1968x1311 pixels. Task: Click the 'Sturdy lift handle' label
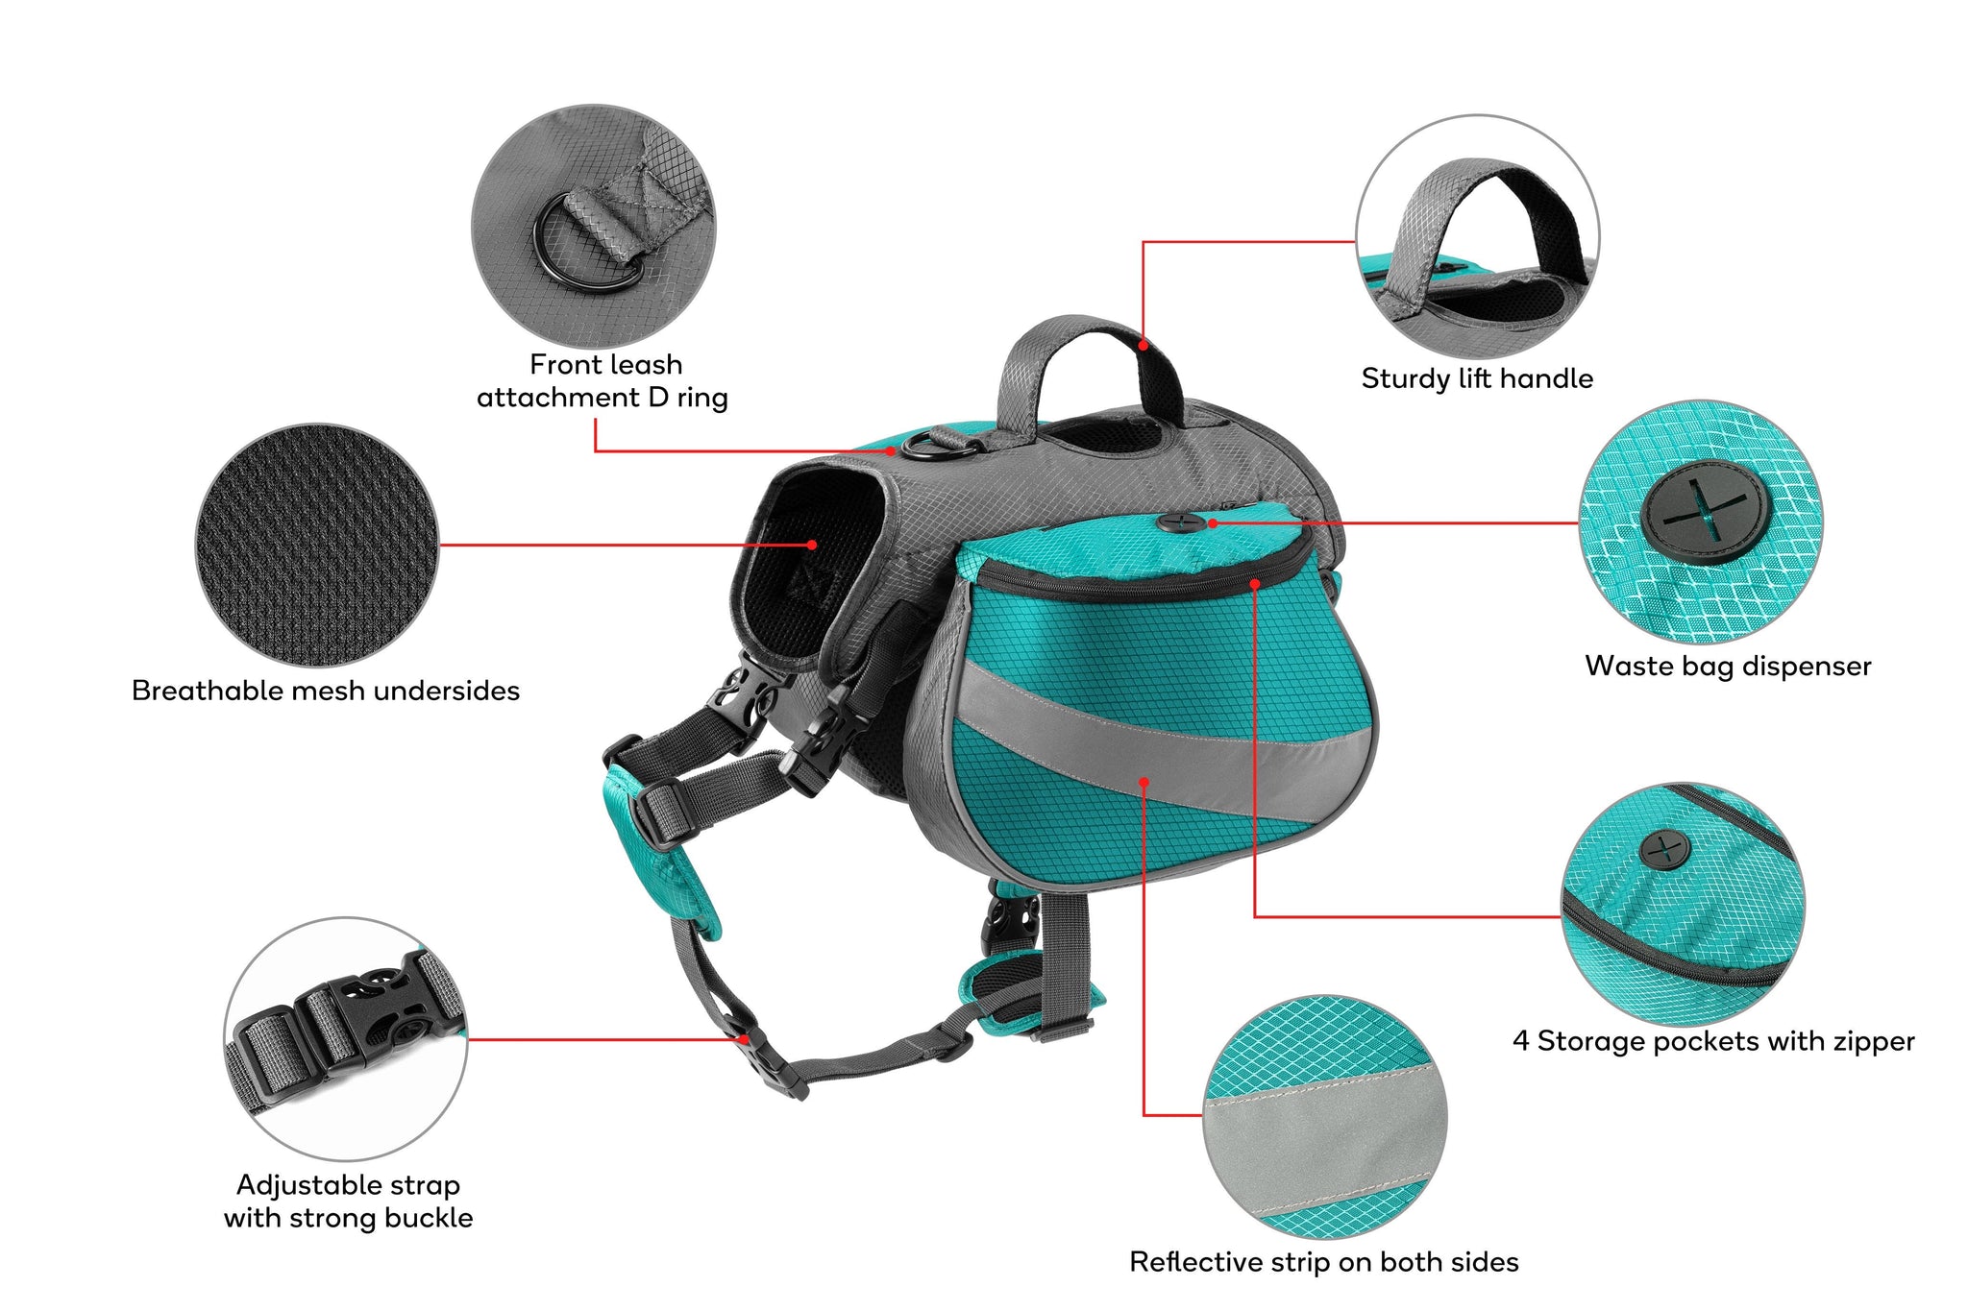click(x=1477, y=379)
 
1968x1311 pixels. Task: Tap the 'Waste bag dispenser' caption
click(x=1728, y=667)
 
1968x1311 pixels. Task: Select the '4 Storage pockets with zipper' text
click(x=1713, y=1041)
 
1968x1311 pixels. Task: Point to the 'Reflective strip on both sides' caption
click(x=1324, y=1262)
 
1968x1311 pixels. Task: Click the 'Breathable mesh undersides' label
click(x=326, y=692)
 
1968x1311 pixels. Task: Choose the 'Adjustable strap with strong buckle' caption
click(x=349, y=1202)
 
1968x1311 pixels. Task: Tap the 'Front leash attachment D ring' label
click(x=603, y=381)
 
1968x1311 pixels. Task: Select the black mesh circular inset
click(x=318, y=546)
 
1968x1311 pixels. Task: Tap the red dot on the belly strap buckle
click(x=744, y=1039)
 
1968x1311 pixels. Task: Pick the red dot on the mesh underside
click(x=812, y=545)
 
